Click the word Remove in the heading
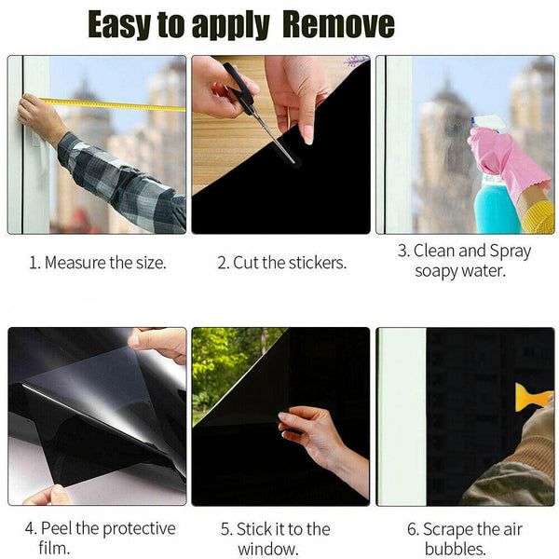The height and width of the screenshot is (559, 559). point(339,24)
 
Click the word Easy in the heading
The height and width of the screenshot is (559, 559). point(119,25)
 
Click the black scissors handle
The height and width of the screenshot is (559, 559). point(239,84)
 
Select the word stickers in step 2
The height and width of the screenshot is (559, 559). point(318,263)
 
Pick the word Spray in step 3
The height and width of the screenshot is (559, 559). point(511,252)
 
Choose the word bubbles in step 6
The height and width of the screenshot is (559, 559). point(455,549)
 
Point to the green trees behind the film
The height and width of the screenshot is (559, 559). point(228,367)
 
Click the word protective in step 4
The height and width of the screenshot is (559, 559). point(139,529)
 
